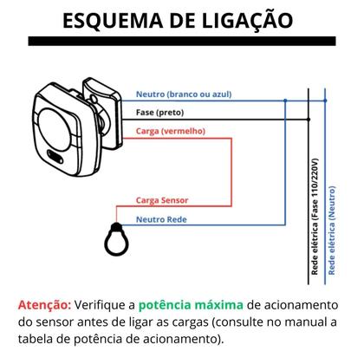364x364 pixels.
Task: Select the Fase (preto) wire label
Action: [159, 113]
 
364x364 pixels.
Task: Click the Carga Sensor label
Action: [162, 200]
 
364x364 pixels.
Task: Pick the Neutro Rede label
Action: [160, 220]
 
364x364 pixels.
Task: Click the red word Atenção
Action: [43, 305]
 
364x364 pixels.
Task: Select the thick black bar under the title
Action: [181, 41]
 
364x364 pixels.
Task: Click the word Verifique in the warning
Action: [101, 305]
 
